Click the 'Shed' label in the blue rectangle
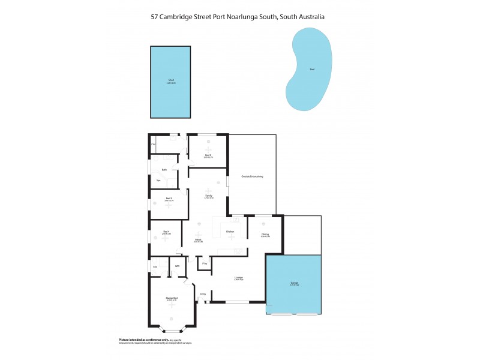tap(171, 80)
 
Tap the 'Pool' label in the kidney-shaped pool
tap(311, 70)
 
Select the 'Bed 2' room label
tap(208, 155)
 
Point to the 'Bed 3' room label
tap(169, 199)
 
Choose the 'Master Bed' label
tap(172, 298)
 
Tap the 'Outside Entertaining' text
tap(252, 176)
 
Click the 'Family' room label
tap(208, 196)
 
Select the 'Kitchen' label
tap(230, 232)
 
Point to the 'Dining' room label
tap(265, 235)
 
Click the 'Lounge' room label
tap(238, 277)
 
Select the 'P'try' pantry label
tap(205, 263)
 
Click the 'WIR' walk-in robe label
tap(177, 266)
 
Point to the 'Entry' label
tap(203, 293)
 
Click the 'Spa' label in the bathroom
tap(158, 181)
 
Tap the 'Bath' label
tap(164, 170)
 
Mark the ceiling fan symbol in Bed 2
tap(208, 149)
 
